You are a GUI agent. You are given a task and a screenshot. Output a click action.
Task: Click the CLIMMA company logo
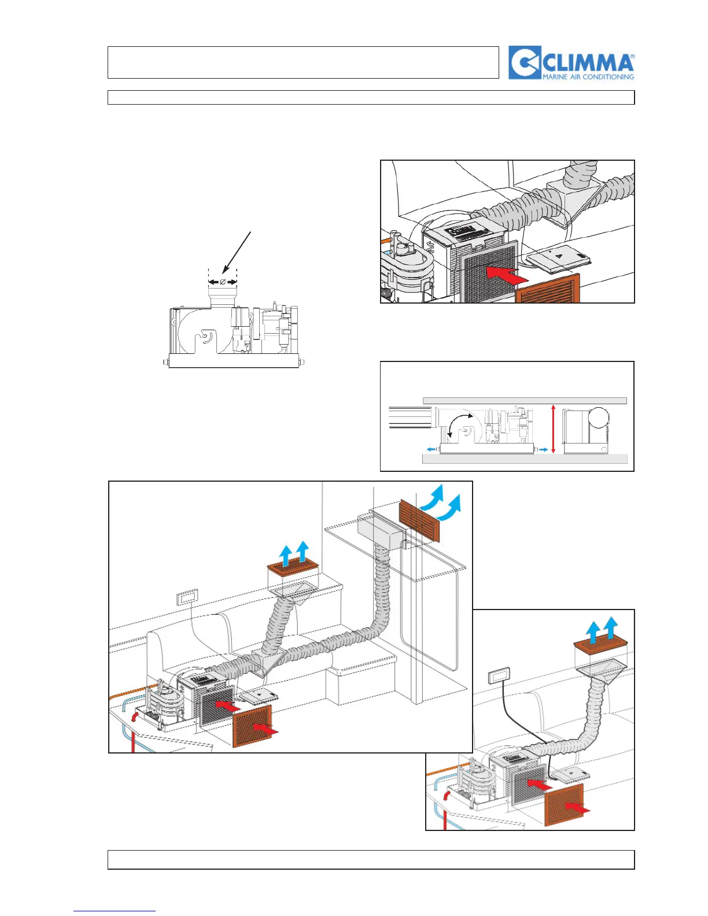pyautogui.click(x=571, y=62)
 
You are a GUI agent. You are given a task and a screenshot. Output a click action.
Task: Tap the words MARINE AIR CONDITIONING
pyautogui.click(x=588, y=76)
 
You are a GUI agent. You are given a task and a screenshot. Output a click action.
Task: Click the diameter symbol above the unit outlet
pyautogui.click(x=223, y=282)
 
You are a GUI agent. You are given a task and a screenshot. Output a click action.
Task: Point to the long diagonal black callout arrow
pyautogui.click(x=237, y=251)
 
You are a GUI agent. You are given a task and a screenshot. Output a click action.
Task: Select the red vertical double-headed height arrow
pyautogui.click(x=554, y=429)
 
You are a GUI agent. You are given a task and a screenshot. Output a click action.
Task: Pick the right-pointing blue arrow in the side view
pyautogui.click(x=542, y=449)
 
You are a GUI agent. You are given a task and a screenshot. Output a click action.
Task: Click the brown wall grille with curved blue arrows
pyautogui.click(x=419, y=520)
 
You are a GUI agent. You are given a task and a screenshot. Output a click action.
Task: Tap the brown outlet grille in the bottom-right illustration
pyautogui.click(x=600, y=645)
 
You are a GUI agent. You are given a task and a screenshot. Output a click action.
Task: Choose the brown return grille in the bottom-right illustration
pyautogui.click(x=565, y=804)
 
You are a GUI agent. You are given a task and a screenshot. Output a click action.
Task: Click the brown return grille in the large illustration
pyautogui.click(x=252, y=726)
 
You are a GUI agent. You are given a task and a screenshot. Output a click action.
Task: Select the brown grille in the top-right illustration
pyautogui.click(x=547, y=289)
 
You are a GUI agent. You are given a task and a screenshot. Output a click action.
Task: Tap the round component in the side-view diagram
pyautogui.click(x=598, y=418)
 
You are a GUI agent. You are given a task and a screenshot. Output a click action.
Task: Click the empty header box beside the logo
pyautogui.click(x=303, y=62)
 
